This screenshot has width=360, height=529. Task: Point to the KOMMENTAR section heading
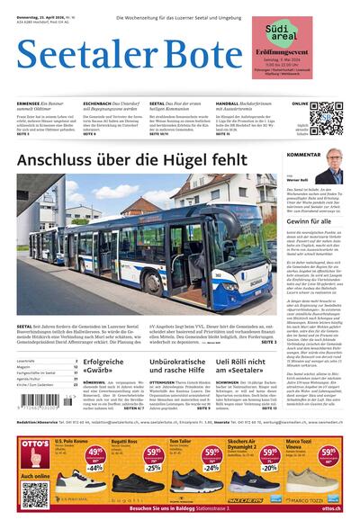(303, 155)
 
